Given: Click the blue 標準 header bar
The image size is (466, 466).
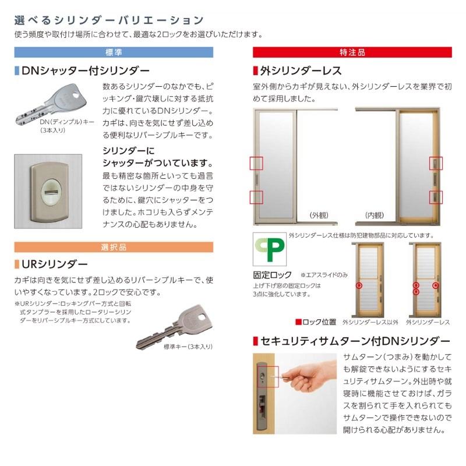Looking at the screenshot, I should tap(115, 52).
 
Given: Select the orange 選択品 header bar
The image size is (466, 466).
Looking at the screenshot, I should tap(115, 247).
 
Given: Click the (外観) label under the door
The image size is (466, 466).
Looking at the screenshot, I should tap(319, 215).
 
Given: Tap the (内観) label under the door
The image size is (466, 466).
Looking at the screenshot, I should tap(375, 215).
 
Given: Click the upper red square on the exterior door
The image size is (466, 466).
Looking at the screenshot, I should tap(257, 164).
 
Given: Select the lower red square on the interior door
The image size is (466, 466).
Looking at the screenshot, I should tap(436, 197).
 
